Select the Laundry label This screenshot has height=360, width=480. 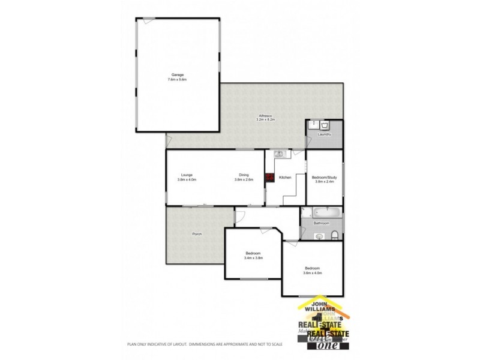(325, 134)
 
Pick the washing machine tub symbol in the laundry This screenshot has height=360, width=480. (325, 125)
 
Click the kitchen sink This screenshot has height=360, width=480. (278, 154)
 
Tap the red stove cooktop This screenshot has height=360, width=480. (270, 178)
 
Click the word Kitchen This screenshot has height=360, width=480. (285, 178)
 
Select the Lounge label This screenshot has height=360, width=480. (187, 175)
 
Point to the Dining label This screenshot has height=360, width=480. (244, 175)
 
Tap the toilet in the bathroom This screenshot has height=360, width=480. (337, 234)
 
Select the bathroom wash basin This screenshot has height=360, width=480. (319, 236)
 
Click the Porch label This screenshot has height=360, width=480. (196, 233)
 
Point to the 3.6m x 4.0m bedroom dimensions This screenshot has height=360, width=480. (312, 272)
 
